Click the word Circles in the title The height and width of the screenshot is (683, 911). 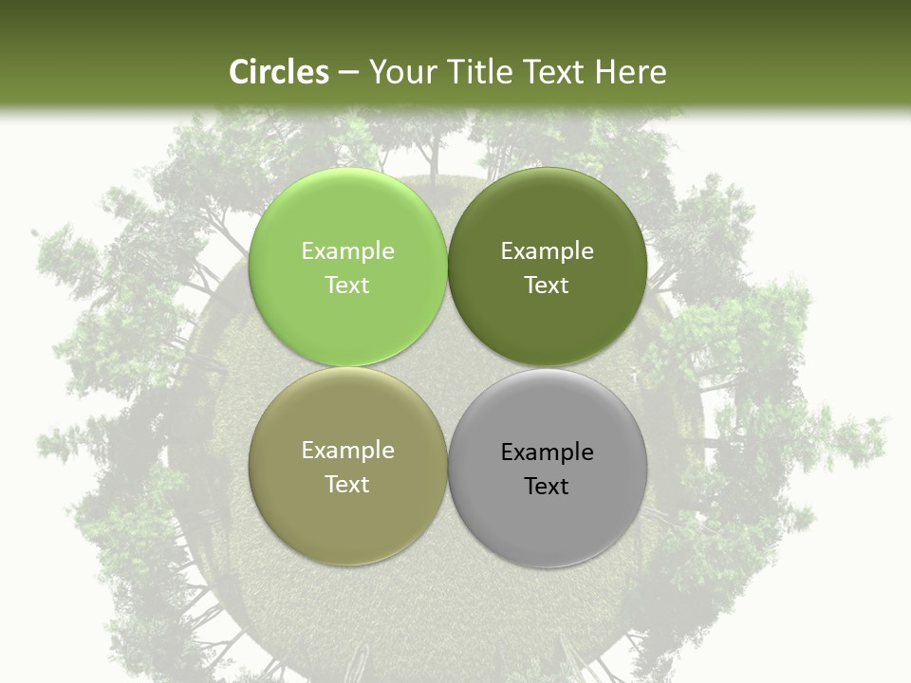(x=279, y=72)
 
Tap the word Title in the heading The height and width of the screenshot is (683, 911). (x=482, y=72)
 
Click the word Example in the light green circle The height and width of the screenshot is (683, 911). (x=347, y=251)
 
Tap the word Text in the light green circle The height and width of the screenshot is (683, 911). (x=347, y=286)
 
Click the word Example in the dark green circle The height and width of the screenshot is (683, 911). (x=547, y=251)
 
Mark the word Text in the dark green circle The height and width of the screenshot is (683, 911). (x=547, y=286)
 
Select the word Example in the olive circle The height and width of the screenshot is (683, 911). (x=347, y=451)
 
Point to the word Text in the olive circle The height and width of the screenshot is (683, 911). (x=347, y=485)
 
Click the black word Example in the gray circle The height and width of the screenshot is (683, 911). (x=547, y=452)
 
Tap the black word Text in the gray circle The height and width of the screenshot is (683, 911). (x=547, y=487)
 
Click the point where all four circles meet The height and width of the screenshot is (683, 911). (x=447, y=366)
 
